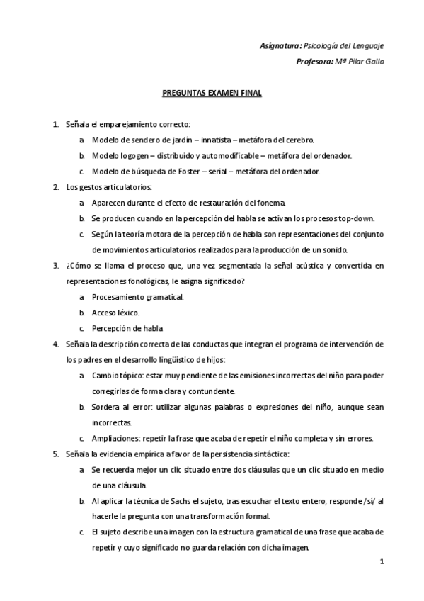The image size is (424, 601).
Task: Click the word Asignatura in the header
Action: [x=281, y=46]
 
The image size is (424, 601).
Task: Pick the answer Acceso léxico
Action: [x=115, y=313]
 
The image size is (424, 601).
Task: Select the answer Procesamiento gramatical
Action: [x=137, y=297]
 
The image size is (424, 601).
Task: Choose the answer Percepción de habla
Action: [x=127, y=328]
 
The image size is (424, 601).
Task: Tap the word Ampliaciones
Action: [x=115, y=437]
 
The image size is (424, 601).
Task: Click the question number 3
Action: [x=56, y=266]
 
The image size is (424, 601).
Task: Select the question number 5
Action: [x=56, y=453]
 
